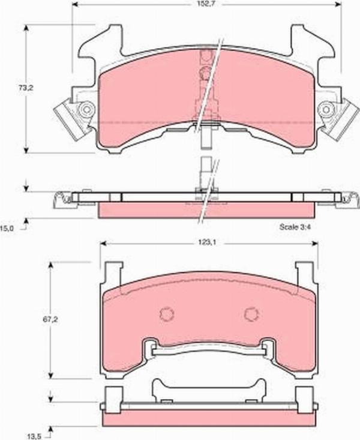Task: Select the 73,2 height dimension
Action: pyautogui.click(x=25, y=88)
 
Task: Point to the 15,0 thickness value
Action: pyautogui.click(x=8, y=228)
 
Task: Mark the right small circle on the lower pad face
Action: pyautogui.click(x=251, y=314)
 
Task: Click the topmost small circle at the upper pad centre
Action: pyautogui.click(x=206, y=56)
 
